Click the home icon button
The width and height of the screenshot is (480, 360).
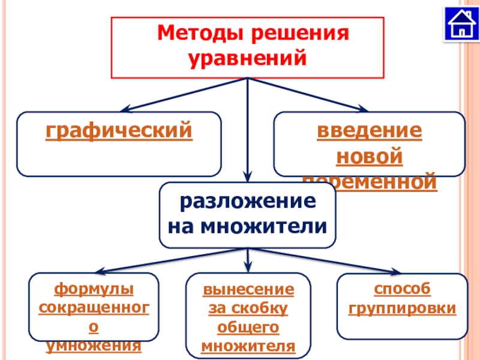coord(461,24)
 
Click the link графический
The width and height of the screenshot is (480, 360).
coord(119,130)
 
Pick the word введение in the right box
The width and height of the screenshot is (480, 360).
coord(369,131)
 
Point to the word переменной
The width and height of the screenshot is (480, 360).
coord(369,182)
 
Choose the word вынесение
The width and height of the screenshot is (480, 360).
coord(248,290)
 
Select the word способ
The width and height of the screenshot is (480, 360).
coord(402,290)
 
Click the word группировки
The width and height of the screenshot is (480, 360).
coord(402,309)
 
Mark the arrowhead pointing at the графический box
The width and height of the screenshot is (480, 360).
coord(125,110)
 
